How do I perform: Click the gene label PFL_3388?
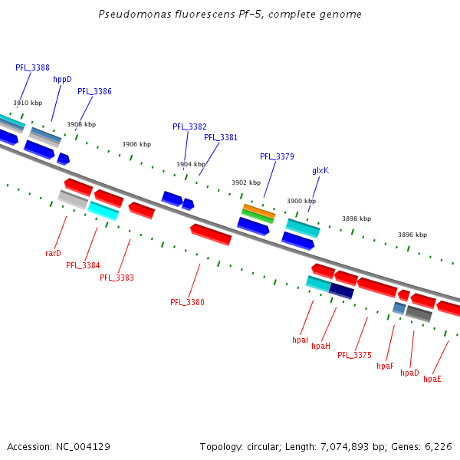[x=32, y=67]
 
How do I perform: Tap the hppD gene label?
[x=62, y=79]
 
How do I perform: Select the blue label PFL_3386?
[x=94, y=91]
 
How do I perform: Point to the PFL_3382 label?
[x=189, y=127]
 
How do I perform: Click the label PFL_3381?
[x=221, y=137]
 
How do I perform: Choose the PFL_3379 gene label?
[x=277, y=156]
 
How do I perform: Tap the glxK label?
[x=320, y=170]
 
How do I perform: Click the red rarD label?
[x=53, y=252]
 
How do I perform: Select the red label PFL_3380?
[x=187, y=302]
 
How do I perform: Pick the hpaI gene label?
[x=300, y=339]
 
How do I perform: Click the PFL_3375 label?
[x=354, y=355]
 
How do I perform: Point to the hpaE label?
[x=432, y=379]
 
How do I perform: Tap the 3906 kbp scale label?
[x=136, y=144]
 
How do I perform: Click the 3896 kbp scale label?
[x=412, y=235]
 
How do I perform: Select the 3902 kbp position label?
[x=246, y=182]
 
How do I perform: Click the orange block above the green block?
[x=258, y=209]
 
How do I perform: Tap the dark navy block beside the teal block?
[x=341, y=291]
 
